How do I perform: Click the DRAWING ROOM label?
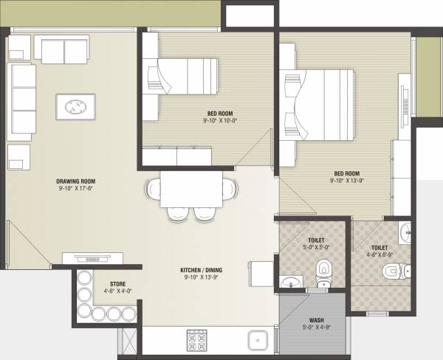click(75, 181)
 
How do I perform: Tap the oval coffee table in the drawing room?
click(75, 107)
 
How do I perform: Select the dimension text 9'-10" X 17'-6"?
click(75, 190)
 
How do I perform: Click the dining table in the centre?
click(192, 189)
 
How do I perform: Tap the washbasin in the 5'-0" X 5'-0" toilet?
click(290, 281)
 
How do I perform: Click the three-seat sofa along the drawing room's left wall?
click(22, 100)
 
